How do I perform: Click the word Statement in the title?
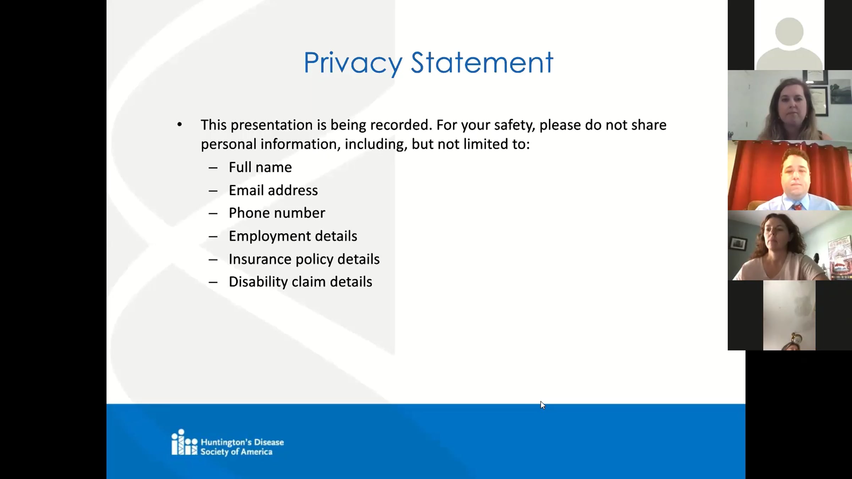point(482,62)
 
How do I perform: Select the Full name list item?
point(260,167)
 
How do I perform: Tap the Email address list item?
point(273,190)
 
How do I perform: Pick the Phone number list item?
point(277,213)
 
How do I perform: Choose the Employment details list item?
point(293,236)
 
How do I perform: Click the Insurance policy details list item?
point(304,259)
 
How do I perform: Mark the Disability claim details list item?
point(300,282)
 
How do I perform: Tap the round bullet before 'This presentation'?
point(180,125)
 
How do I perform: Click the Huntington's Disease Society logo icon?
point(184,442)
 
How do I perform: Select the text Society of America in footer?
point(236,452)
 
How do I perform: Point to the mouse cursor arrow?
point(543,405)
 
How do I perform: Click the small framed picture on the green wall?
point(738,244)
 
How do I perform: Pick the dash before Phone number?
point(213,214)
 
